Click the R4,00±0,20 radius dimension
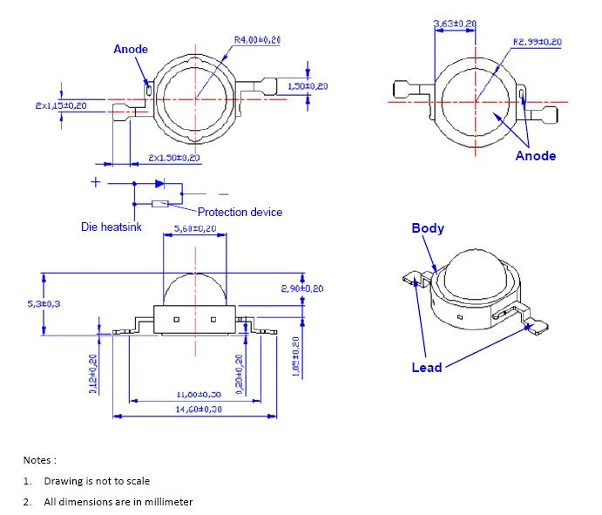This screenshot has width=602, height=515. (257, 40)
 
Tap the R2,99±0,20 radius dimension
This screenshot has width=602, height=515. (537, 42)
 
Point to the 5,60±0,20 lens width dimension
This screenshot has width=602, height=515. (195, 229)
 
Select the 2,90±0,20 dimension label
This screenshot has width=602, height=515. (302, 288)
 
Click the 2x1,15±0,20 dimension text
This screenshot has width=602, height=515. (61, 105)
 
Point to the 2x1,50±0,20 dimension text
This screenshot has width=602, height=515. (173, 158)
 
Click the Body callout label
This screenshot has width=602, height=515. (428, 228)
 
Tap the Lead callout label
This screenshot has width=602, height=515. (426, 368)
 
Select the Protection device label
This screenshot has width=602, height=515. (240, 212)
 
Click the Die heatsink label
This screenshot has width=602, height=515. (112, 227)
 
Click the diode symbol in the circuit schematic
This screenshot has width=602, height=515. (159, 184)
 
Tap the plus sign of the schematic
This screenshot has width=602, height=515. (96, 182)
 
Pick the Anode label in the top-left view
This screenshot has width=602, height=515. (131, 50)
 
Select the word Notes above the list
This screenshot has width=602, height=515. (39, 459)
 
